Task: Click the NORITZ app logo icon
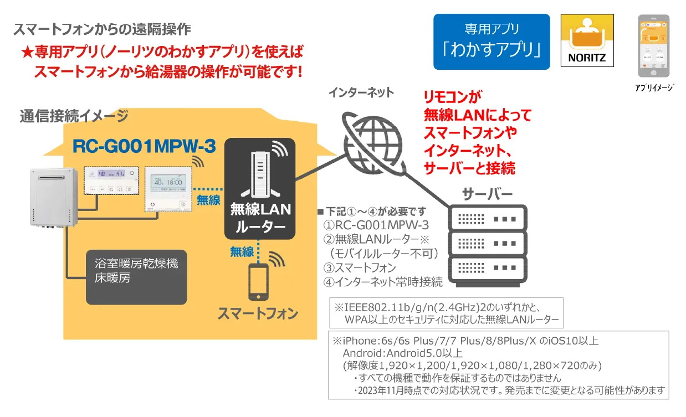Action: pos(587,41)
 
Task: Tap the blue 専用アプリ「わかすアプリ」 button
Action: pos(492,42)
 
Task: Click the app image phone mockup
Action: pos(654,46)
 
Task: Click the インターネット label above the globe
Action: pos(361,92)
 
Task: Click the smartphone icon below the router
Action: pos(258,282)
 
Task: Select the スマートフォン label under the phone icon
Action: pos(258,313)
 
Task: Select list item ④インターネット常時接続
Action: pos(383,282)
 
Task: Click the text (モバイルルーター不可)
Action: pos(383,253)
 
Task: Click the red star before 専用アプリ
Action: pos(28,53)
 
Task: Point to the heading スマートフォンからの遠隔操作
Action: pos(102,29)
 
